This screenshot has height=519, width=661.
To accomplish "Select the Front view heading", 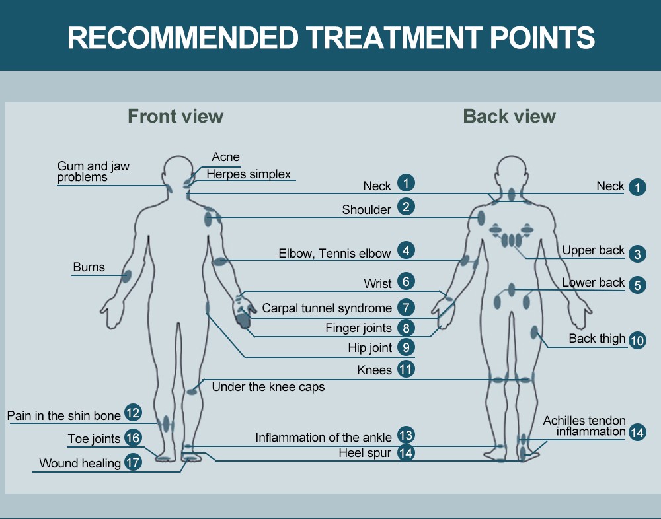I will [175, 117].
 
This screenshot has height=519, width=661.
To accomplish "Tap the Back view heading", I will [509, 117].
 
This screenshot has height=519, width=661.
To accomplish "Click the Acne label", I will [225, 157].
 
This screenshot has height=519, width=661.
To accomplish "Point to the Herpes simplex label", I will [249, 174].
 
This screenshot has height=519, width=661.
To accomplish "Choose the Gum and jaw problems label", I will [93, 172].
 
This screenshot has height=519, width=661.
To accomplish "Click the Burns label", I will [89, 267].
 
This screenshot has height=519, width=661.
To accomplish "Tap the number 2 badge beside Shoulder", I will [406, 207].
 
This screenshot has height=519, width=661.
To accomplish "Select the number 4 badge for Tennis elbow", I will [406, 251].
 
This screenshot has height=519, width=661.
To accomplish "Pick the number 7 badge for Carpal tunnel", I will [406, 307].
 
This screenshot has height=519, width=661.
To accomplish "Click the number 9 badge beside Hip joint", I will [406, 347].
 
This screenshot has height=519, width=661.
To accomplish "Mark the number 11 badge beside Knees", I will [406, 369].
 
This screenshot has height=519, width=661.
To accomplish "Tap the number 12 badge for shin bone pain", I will [133, 413].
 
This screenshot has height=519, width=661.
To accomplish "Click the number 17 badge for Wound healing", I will [133, 462].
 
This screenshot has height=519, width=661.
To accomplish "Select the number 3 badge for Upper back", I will [637, 254].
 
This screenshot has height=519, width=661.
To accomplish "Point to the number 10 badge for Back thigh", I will [637, 341].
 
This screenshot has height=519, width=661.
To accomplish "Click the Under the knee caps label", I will [268, 387].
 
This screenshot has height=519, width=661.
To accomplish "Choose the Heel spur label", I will [365, 453].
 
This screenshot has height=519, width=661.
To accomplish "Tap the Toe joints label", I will [94, 438].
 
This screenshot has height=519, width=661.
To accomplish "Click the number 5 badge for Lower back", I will [637, 285].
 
